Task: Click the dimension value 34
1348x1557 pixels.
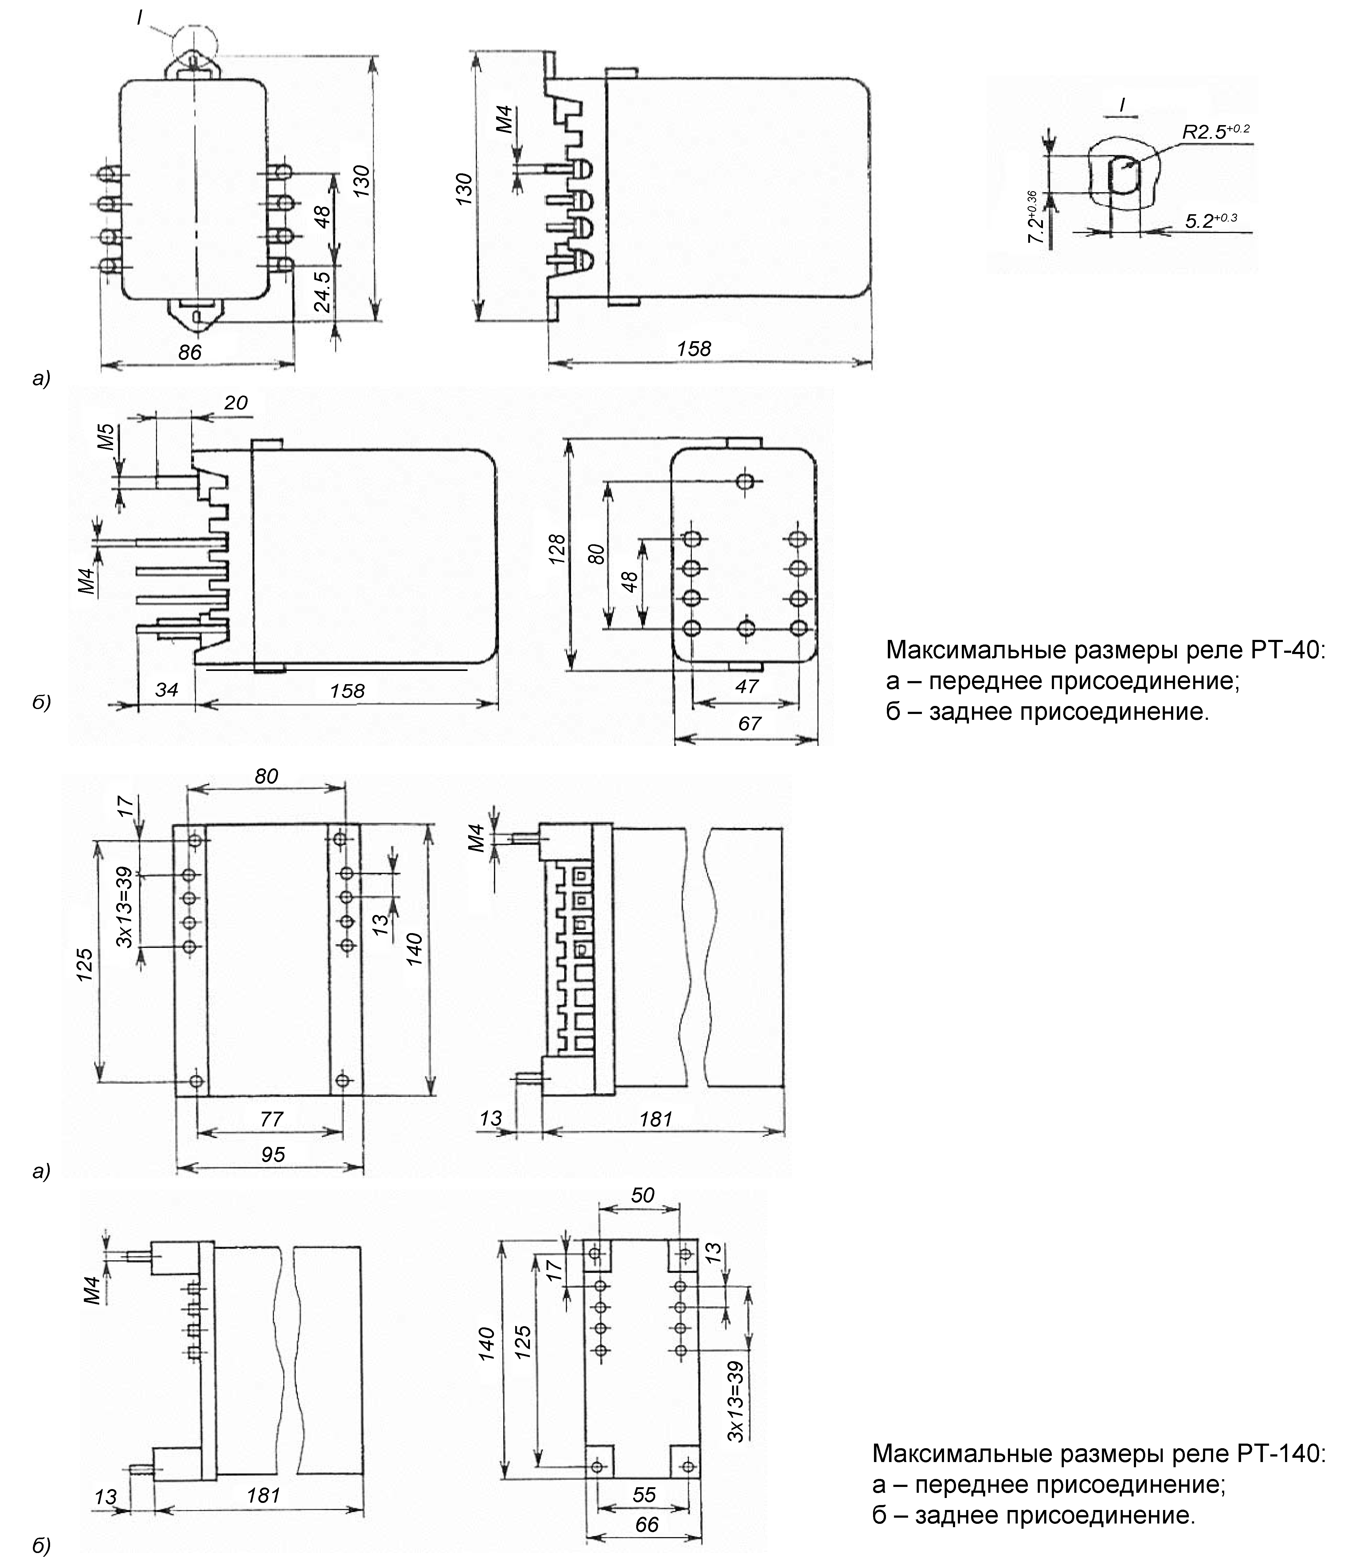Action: [x=166, y=688]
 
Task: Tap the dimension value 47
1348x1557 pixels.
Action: [x=746, y=686]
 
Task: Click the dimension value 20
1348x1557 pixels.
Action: [x=235, y=403]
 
